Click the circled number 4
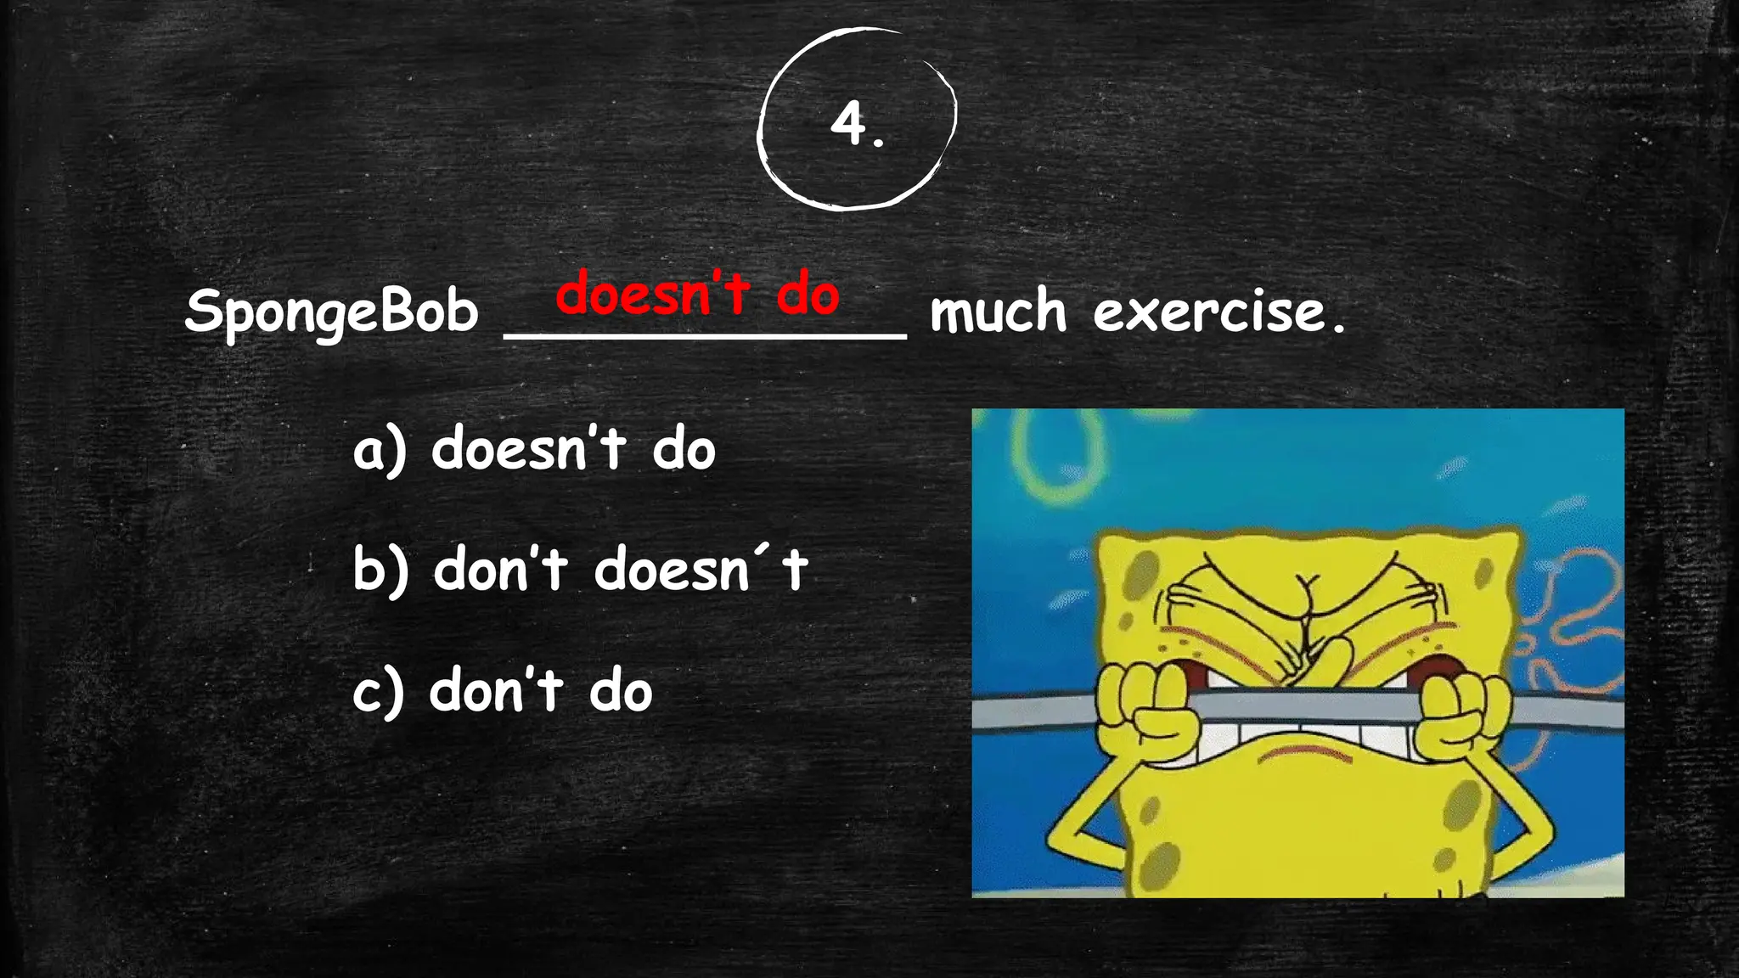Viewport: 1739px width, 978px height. coord(856,124)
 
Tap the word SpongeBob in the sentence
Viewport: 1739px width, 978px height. coord(331,311)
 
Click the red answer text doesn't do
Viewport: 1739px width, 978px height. coord(697,294)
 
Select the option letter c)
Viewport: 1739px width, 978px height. coord(379,692)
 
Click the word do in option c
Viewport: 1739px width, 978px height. coord(621,691)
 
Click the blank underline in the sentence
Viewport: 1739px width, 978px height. coord(705,337)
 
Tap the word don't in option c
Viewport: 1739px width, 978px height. coord(496,691)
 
